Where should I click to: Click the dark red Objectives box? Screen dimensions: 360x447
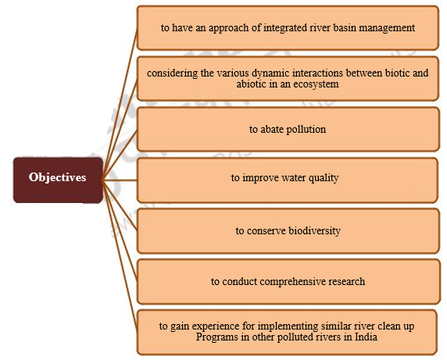[x=57, y=177]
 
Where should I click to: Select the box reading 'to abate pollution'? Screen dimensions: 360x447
[x=288, y=130]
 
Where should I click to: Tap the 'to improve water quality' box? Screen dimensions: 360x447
[x=288, y=178]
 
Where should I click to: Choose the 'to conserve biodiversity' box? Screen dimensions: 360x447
[x=288, y=231]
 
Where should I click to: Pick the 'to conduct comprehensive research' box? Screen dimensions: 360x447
[x=288, y=281]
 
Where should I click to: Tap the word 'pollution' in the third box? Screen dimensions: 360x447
[x=304, y=130]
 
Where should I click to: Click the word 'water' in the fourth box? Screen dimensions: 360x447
[x=295, y=178]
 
